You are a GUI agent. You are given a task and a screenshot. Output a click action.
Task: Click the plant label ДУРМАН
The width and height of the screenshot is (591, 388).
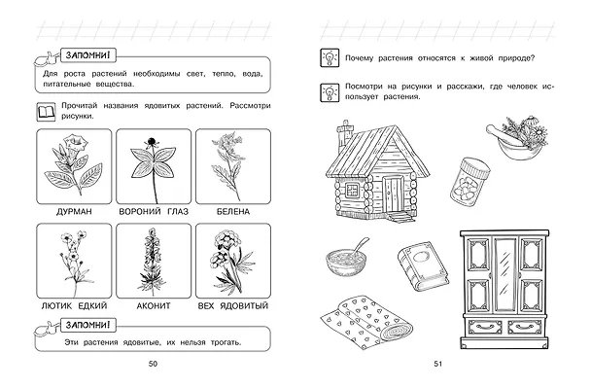point(74,212)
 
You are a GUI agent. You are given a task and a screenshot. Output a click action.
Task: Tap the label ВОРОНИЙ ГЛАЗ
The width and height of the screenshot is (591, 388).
point(154,212)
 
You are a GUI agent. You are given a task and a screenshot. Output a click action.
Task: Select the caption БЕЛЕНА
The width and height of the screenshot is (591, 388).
point(233,212)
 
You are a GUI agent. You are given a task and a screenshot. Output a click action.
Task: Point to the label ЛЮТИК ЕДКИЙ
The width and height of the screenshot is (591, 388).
point(74,305)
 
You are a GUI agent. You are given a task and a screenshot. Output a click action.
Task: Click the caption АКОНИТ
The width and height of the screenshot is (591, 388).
point(154,305)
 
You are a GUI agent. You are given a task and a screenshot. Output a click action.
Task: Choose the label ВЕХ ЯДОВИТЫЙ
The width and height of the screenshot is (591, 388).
point(233,305)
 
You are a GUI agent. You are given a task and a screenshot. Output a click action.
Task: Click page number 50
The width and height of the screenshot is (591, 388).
point(153,364)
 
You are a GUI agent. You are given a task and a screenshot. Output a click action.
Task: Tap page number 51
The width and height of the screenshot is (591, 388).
point(437,364)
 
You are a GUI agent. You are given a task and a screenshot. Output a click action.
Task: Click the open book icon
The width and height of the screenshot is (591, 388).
point(46,112)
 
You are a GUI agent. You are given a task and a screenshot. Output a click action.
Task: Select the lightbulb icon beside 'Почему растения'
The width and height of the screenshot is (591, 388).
point(330,58)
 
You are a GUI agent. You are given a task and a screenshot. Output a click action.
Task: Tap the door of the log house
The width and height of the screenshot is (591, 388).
point(393,194)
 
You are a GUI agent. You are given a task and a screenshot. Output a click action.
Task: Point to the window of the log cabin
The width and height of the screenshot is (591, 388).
point(353,190)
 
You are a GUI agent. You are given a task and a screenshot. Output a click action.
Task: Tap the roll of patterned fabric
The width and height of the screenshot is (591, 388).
point(366,321)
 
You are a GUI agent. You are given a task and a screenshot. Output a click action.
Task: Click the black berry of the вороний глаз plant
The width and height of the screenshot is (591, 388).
point(152,142)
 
